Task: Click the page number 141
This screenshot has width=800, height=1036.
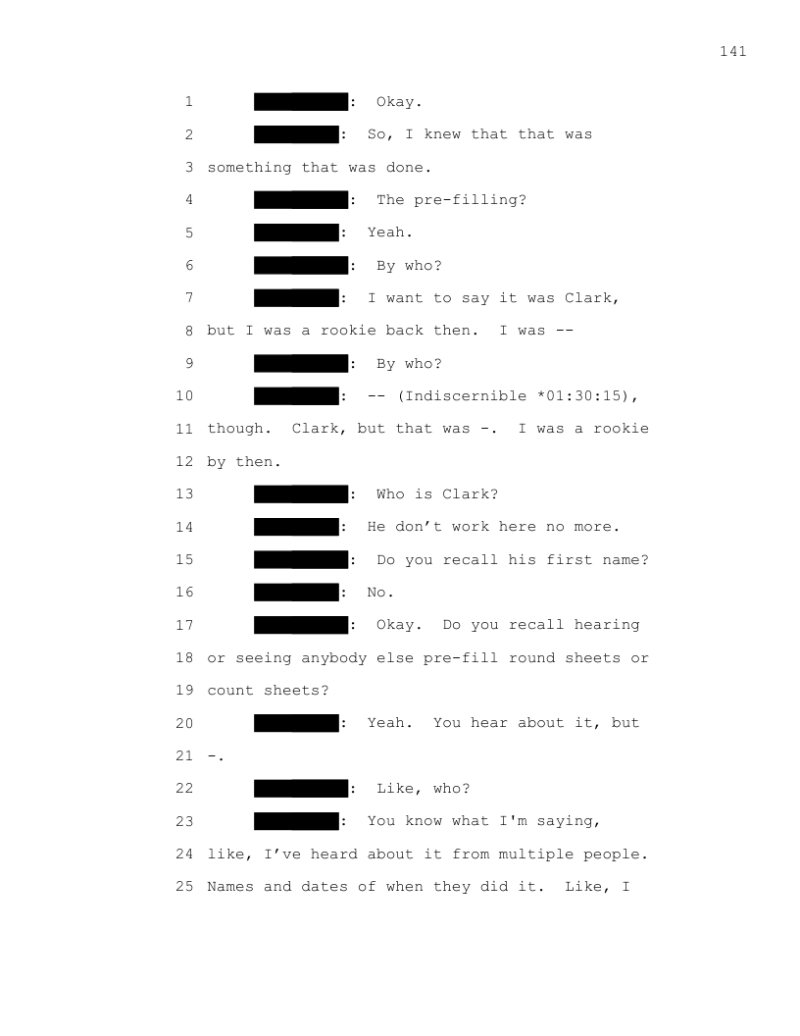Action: coord(732,52)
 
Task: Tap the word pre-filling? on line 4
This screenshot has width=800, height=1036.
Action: coord(470,200)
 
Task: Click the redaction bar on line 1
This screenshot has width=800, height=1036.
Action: coord(301,102)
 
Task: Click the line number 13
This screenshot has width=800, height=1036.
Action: coord(184,494)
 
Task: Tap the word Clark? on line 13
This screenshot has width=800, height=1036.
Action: coord(470,494)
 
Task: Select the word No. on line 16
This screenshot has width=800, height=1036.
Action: coord(380,593)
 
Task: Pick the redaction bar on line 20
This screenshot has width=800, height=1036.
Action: coord(296,723)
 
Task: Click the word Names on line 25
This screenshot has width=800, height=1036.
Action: coord(230,887)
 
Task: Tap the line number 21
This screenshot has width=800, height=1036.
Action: coord(184,755)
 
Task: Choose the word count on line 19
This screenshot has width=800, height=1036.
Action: coord(230,691)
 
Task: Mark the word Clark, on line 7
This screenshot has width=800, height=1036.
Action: coord(592,298)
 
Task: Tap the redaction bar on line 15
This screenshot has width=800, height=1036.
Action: coord(301,559)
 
